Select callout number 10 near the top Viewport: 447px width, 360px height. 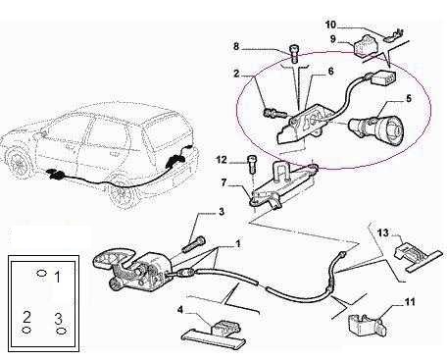click(x=330, y=25)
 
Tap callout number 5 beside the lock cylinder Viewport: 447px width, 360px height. click(x=409, y=98)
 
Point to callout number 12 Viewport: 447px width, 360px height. click(x=222, y=160)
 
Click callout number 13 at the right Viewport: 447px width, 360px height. click(x=383, y=232)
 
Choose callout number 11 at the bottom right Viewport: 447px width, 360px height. click(x=410, y=302)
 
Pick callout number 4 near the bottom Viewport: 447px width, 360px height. click(x=179, y=309)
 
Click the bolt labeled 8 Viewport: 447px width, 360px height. click(x=294, y=54)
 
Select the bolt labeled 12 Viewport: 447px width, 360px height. click(x=251, y=166)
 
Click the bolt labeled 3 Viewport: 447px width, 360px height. click(x=193, y=244)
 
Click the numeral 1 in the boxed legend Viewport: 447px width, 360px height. click(x=57, y=277)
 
